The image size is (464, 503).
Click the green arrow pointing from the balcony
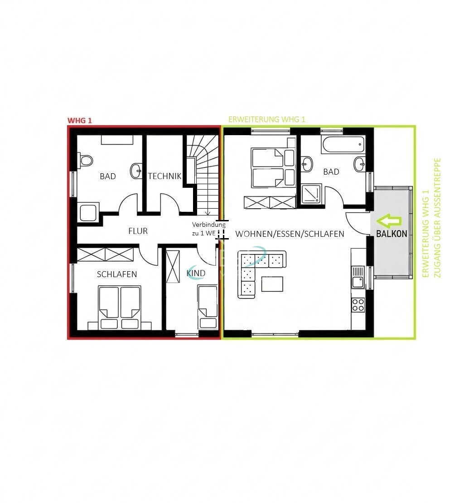click(389, 221)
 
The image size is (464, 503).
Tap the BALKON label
click(391, 234)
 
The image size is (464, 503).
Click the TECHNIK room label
click(164, 176)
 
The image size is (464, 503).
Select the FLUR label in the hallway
click(138, 231)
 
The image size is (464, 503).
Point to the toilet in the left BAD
click(85, 161)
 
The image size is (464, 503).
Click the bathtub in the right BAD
click(343, 145)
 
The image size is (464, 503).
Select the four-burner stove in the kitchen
click(358, 305)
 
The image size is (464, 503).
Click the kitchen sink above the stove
click(358, 278)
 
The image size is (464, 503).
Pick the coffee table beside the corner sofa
click(272, 284)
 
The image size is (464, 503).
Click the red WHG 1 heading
click(79, 121)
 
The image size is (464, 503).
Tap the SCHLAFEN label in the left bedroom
click(116, 274)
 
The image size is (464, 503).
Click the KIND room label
click(196, 273)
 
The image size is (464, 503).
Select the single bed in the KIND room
click(208, 307)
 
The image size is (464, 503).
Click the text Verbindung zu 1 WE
click(208, 229)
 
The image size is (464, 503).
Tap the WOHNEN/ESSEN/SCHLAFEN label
click(290, 234)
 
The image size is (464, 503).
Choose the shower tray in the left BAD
click(88, 212)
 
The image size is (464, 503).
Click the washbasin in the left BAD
click(136, 171)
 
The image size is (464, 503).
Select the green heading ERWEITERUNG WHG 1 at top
click(266, 119)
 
